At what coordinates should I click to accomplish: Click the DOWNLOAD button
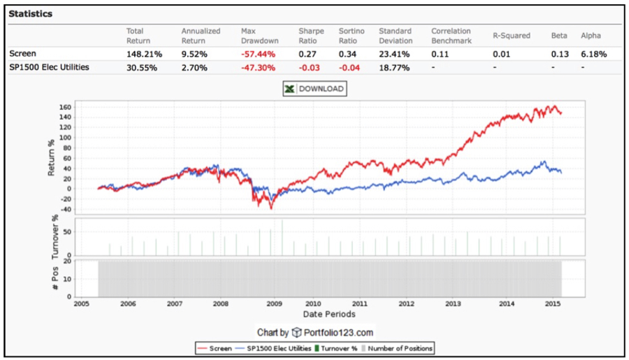(x=314, y=89)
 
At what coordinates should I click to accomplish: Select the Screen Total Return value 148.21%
(x=140, y=53)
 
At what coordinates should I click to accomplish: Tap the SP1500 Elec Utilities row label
(x=49, y=67)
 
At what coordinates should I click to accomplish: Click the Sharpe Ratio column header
(x=312, y=36)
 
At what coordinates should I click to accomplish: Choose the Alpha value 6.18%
(x=593, y=53)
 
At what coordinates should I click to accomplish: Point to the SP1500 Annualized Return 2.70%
(x=195, y=67)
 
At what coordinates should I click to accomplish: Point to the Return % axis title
(x=52, y=158)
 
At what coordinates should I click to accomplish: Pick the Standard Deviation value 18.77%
(x=393, y=67)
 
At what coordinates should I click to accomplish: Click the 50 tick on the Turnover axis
(x=67, y=229)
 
